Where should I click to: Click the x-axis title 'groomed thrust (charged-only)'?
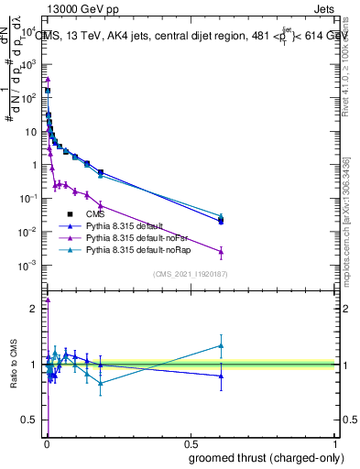265,458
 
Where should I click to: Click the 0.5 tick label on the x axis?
191,442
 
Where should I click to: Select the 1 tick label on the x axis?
336,442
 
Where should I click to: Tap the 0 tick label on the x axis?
46,442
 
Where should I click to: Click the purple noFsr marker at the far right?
220,252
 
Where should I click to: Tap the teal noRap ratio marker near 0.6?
220,345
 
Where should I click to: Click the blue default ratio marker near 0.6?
220,376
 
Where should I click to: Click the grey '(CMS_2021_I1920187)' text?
190,274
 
